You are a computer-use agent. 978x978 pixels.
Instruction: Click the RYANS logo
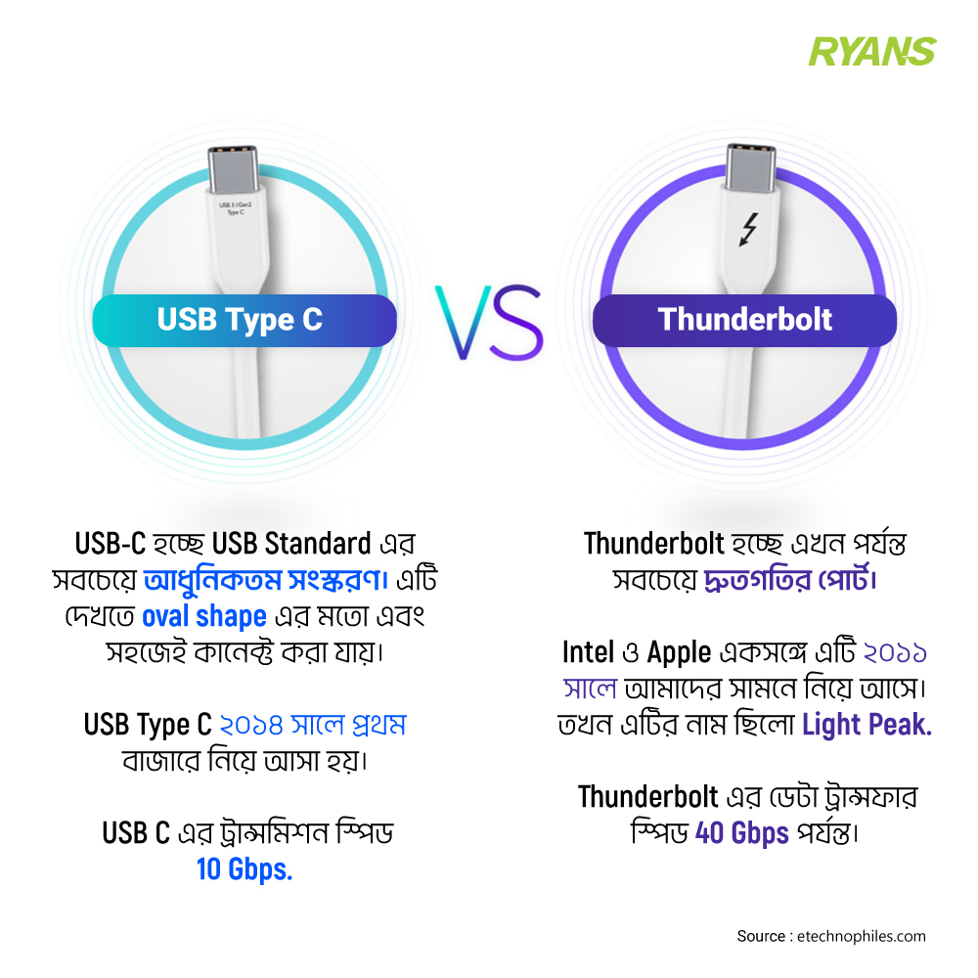point(872,52)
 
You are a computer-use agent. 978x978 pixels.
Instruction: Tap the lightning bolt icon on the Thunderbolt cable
point(748,230)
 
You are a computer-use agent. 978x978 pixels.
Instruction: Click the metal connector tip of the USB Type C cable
point(233,169)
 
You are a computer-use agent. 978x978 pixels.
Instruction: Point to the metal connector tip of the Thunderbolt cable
point(750,166)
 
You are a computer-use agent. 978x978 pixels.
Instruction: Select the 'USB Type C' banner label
point(244,321)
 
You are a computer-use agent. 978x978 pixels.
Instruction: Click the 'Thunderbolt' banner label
point(744,321)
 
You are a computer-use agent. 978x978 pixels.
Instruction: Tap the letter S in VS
point(517,323)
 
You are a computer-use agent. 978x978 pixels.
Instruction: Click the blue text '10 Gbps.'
point(244,868)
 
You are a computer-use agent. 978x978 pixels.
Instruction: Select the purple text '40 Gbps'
point(741,833)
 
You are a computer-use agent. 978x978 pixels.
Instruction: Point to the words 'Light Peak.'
point(867,725)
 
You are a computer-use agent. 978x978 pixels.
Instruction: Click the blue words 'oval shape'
point(204,617)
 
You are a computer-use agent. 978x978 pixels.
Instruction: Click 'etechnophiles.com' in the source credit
point(862,936)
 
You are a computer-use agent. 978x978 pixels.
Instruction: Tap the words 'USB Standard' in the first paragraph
point(291,544)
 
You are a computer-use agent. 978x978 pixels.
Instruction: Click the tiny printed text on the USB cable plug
point(235,208)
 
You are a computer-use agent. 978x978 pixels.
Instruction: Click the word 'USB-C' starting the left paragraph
point(110,544)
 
